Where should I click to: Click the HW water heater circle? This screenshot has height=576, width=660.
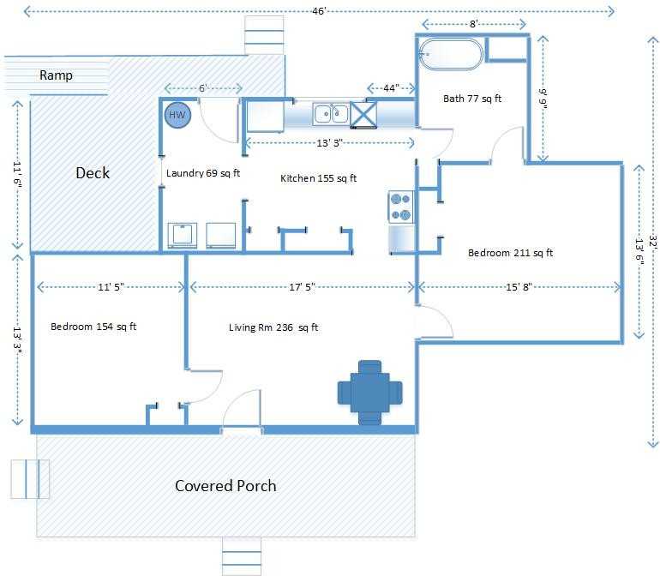[177, 115]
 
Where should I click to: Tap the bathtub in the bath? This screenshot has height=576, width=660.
[451, 54]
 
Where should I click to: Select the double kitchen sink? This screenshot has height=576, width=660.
[331, 114]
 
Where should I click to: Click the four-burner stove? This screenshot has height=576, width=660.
[400, 207]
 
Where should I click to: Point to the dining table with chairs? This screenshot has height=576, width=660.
[370, 393]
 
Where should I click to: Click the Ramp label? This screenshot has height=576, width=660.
[56, 75]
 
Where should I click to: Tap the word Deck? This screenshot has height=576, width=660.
[93, 172]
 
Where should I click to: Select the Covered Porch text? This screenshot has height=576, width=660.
[225, 486]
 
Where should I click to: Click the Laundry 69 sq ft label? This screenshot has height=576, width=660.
[203, 173]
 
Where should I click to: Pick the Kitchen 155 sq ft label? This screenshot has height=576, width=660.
[318, 178]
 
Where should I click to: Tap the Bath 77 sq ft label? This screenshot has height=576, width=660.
[472, 99]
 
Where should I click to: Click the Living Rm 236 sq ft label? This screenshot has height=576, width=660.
[273, 327]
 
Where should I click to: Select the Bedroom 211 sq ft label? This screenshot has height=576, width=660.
[510, 253]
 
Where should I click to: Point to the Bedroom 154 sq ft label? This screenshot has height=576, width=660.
[93, 327]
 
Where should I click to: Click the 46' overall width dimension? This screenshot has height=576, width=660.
[319, 11]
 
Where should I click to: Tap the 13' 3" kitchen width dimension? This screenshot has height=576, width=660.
[330, 143]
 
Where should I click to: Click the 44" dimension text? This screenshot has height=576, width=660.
[391, 88]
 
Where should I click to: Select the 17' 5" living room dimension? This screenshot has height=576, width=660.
[303, 287]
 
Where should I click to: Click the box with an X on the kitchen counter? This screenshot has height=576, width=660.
[363, 114]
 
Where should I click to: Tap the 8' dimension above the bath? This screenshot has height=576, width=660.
[474, 24]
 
